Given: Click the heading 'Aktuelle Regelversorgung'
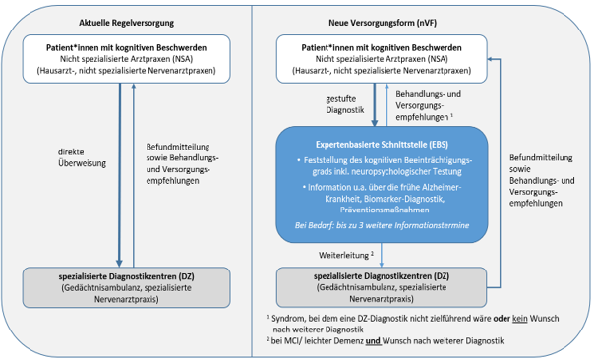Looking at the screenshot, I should pos(124,22).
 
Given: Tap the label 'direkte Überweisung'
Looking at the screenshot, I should pos(76,157).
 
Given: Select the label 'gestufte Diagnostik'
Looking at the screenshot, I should pos(344,105).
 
